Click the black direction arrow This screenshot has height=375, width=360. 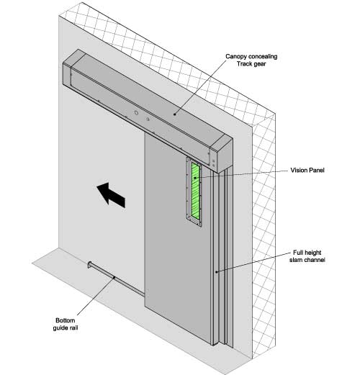[x=111, y=194]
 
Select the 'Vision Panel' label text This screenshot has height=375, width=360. [x=307, y=171]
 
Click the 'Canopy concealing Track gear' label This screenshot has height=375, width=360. [x=251, y=60]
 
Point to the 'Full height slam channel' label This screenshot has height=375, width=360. [x=307, y=256]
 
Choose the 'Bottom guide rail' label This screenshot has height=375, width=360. [x=66, y=324]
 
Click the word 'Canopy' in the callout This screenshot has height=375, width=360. [x=235, y=57]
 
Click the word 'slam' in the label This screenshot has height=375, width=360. [x=296, y=260]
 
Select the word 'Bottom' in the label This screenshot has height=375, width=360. [x=66, y=320]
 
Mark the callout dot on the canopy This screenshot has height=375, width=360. [x=175, y=114]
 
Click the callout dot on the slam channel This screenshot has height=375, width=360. [x=217, y=272]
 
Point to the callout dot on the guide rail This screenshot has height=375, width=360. [x=114, y=278]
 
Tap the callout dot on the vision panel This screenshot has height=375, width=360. [x=195, y=178]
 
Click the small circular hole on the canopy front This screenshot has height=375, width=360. [x=136, y=112]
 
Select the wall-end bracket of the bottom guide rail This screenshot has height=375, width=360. [x=90, y=265]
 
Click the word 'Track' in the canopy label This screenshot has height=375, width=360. [x=244, y=64]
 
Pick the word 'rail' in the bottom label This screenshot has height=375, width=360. [x=73, y=327]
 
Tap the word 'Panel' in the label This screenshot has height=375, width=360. [x=316, y=171]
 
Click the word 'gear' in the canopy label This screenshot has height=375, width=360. [x=259, y=64]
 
